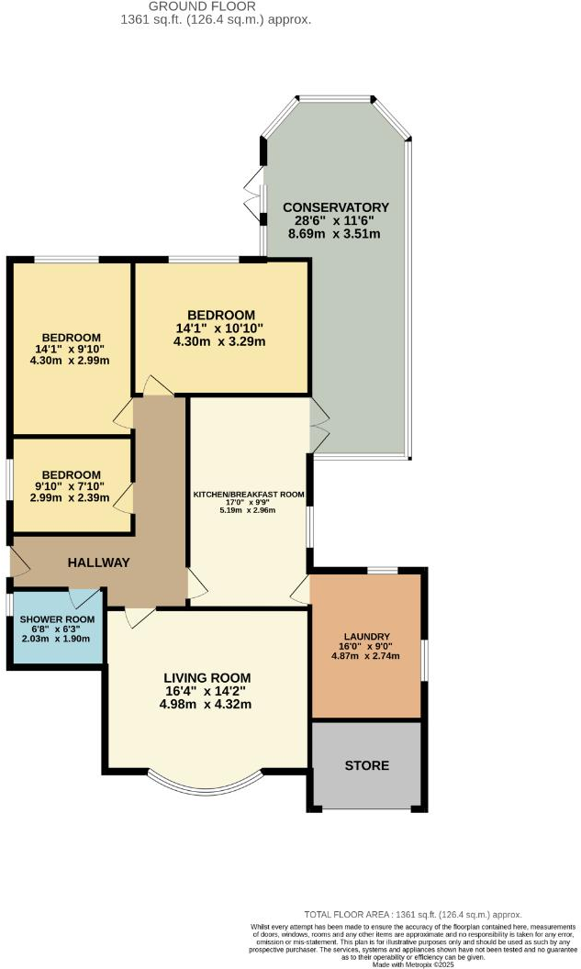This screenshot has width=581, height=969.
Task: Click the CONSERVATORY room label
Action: click(336, 206)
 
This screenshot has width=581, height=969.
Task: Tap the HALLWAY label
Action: click(97, 562)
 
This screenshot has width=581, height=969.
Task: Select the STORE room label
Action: click(367, 765)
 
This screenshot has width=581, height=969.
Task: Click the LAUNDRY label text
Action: click(367, 637)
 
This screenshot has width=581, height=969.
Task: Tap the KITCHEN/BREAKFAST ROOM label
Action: click(248, 495)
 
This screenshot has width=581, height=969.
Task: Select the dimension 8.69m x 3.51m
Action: click(336, 234)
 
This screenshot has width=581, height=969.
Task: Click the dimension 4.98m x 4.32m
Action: click(207, 705)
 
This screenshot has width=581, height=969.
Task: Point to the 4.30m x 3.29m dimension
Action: click(220, 342)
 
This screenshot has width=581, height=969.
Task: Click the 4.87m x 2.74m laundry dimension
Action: click(367, 657)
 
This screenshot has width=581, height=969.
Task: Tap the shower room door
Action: click(88, 597)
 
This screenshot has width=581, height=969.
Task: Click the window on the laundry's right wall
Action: click(424, 660)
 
